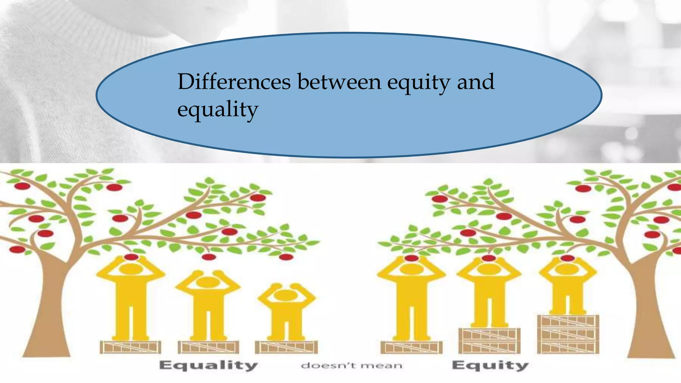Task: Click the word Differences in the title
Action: point(234,82)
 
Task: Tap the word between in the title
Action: point(339,82)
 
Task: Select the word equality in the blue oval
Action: point(218,110)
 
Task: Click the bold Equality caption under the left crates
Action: point(208,365)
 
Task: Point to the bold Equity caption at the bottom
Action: point(490,365)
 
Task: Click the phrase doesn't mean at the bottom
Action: point(351,366)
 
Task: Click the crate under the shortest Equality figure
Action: point(286,347)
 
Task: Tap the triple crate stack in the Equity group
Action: point(568,334)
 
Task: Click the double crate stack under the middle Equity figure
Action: point(489,341)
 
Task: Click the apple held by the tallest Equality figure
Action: point(131,257)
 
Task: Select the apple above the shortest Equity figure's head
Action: point(567,258)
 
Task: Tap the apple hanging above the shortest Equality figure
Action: point(286,257)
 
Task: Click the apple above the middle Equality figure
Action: point(208,257)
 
